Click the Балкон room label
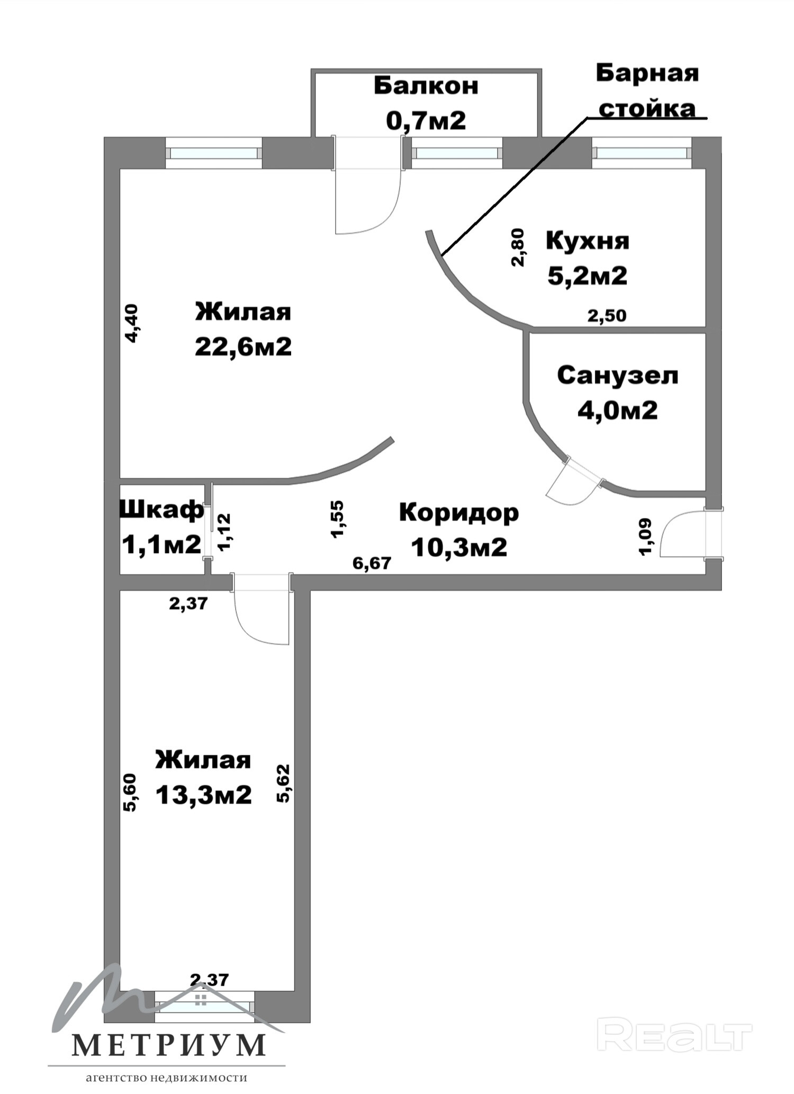coord(426,86)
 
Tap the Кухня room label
coord(588,241)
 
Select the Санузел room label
coord(618,376)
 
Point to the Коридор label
coord(459,513)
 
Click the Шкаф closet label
coord(162,510)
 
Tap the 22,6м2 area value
coord(243,347)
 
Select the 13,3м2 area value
coord(204,795)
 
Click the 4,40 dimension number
coord(131,323)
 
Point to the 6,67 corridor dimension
coord(372,563)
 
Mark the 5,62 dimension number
coord(284,783)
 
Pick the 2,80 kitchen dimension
coord(518,247)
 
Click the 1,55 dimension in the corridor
coord(337,519)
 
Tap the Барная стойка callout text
coord(647,91)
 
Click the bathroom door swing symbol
coord(575,481)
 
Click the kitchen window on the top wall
coord(642,153)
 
